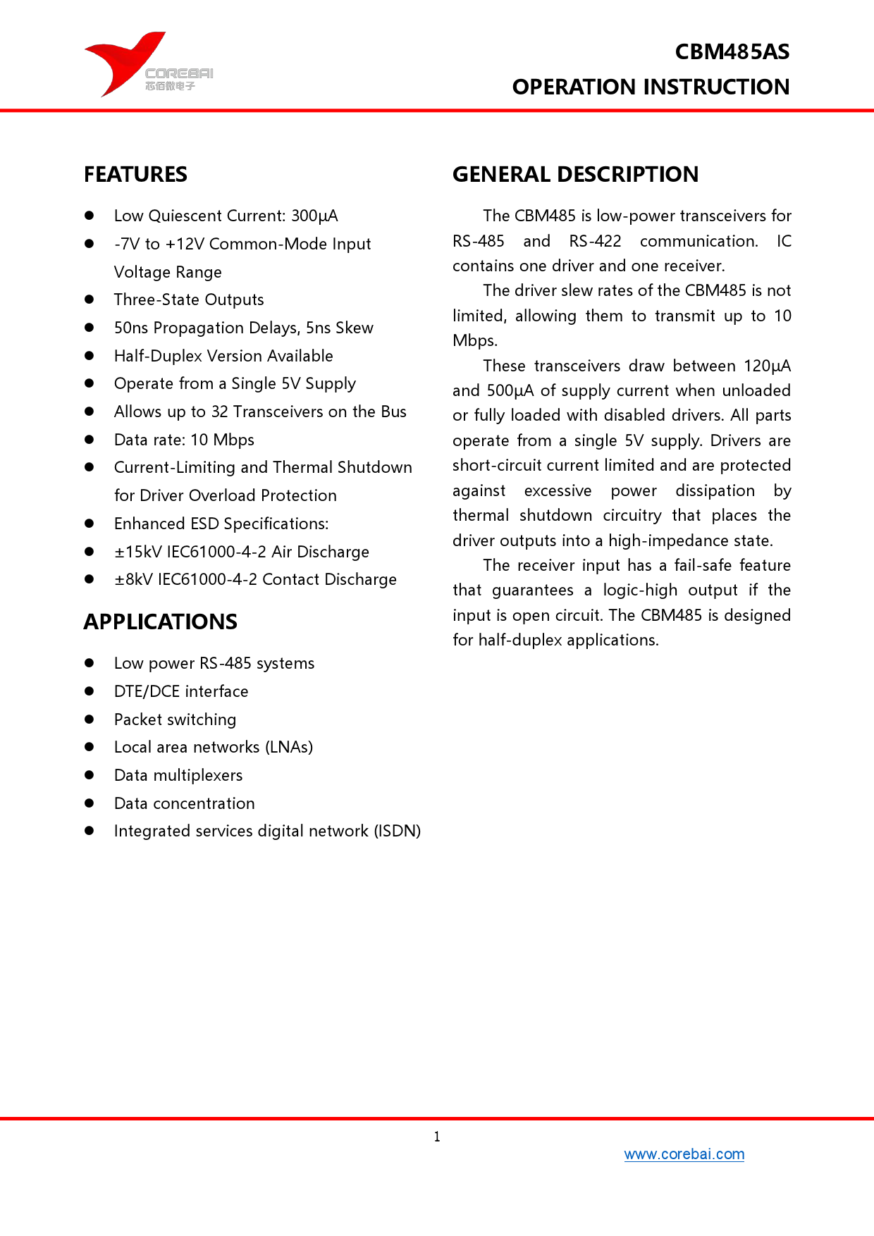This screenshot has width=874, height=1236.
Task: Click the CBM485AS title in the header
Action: tap(732, 52)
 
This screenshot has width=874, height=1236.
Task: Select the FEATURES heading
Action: tap(135, 175)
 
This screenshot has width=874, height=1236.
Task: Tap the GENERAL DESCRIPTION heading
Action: tap(575, 175)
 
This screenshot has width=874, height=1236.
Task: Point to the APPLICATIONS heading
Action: tap(161, 622)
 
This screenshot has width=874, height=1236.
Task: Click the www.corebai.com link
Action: tap(684, 1154)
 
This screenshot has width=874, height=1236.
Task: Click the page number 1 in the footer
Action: tap(437, 1137)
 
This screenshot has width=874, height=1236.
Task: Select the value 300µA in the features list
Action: tap(314, 216)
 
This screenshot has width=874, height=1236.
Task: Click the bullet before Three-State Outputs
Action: tap(90, 299)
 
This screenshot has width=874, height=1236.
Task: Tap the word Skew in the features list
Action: tap(355, 328)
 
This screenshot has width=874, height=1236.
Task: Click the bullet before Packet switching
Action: tap(90, 719)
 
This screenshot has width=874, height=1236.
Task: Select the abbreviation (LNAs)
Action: tap(289, 748)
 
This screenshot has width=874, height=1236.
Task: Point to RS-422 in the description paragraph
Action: tap(595, 242)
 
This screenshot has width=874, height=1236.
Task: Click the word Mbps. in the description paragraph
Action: tap(475, 341)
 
